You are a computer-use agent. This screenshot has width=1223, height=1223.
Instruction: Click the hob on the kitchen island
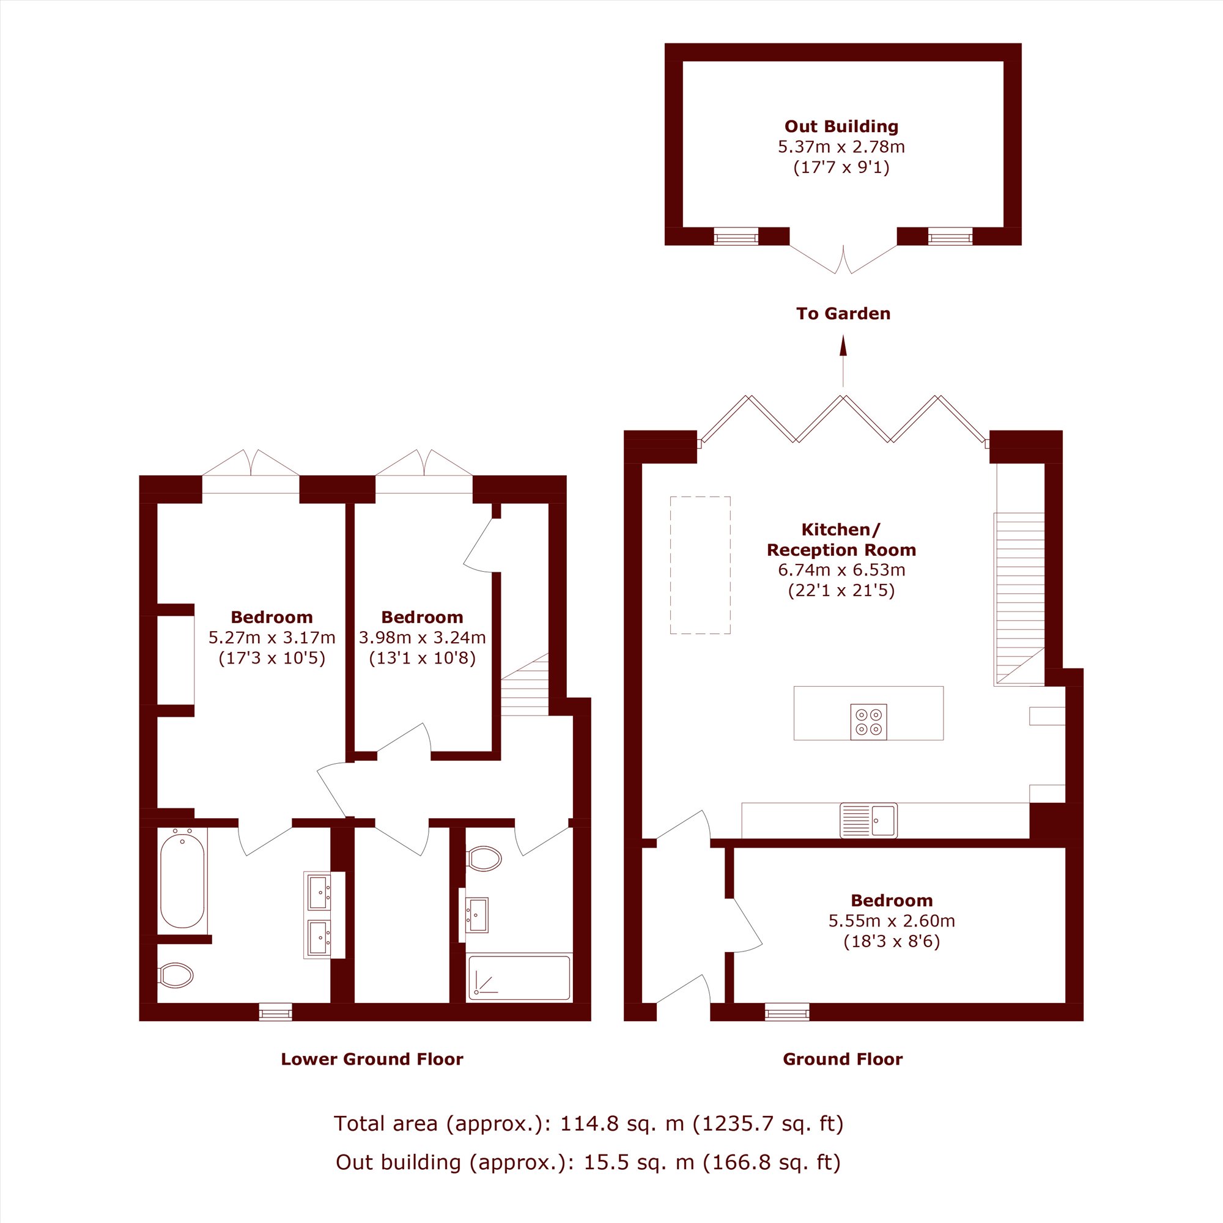(x=868, y=722)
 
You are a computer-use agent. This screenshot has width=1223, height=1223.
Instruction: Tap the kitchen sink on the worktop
(x=868, y=820)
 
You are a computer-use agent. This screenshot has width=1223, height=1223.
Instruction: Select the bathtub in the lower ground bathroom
(x=183, y=881)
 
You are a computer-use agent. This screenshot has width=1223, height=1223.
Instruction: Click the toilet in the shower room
(x=484, y=859)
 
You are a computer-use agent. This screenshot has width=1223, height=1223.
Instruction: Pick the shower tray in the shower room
(x=519, y=978)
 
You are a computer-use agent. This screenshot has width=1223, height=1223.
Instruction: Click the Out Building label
(x=841, y=127)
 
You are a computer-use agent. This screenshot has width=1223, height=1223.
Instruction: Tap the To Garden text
(x=843, y=313)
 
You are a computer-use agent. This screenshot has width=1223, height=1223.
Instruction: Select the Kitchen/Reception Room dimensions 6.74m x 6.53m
(x=841, y=570)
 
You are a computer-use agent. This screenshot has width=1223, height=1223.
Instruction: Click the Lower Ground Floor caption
(x=372, y=1059)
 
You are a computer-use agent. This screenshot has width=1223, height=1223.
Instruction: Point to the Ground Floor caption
(x=843, y=1059)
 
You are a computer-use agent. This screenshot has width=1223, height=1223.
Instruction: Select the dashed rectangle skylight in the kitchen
(x=700, y=565)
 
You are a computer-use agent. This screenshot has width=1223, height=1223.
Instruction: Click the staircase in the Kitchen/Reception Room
(x=1019, y=599)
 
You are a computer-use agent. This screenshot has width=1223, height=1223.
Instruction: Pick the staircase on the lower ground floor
(x=525, y=684)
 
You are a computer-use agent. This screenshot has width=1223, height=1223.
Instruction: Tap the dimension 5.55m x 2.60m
(x=892, y=920)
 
